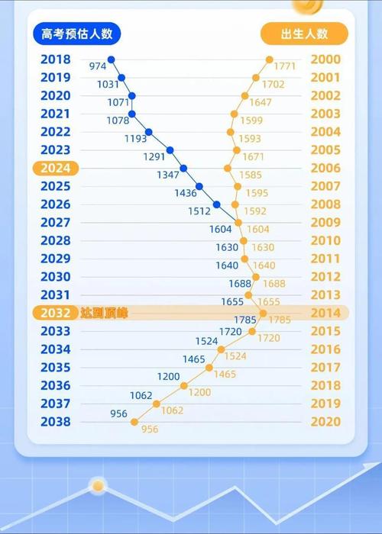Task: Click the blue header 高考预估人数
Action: (77, 34)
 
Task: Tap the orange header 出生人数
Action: (304, 34)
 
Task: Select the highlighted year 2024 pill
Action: (55, 169)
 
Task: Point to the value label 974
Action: (98, 66)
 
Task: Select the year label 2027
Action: (55, 223)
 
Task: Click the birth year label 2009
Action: (325, 223)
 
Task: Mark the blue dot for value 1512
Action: (217, 204)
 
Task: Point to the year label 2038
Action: (55, 422)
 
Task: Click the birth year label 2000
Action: (325, 60)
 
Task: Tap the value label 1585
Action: (250, 175)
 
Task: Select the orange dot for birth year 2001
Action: (256, 78)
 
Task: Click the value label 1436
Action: (185, 194)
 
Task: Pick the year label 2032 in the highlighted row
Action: (55, 313)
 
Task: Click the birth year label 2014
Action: (325, 313)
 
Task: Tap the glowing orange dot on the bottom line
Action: (98, 485)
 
